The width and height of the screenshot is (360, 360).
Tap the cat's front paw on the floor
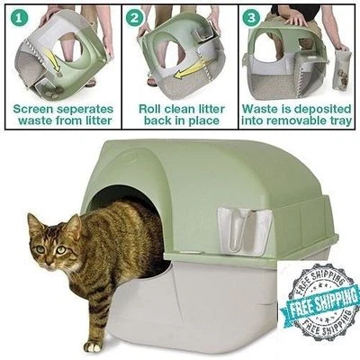[x=93, y=345]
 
